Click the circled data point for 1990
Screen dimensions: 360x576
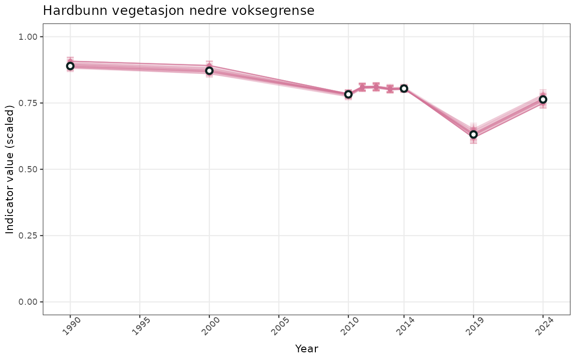(70, 66)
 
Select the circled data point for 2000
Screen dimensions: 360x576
(209, 71)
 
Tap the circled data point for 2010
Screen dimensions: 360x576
(348, 94)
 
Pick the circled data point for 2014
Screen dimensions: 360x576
(404, 88)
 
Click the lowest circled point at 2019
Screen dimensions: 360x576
(473, 134)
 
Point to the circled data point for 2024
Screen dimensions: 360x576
(543, 99)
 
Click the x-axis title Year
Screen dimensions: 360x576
(306, 349)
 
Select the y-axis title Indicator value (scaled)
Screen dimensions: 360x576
(10, 169)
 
